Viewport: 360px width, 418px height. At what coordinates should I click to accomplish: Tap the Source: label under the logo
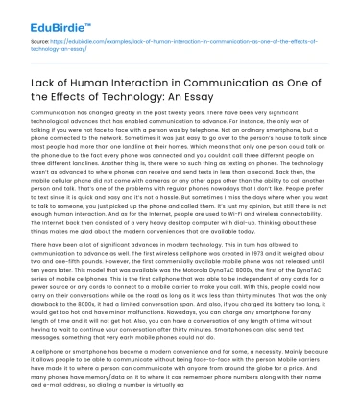40,43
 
